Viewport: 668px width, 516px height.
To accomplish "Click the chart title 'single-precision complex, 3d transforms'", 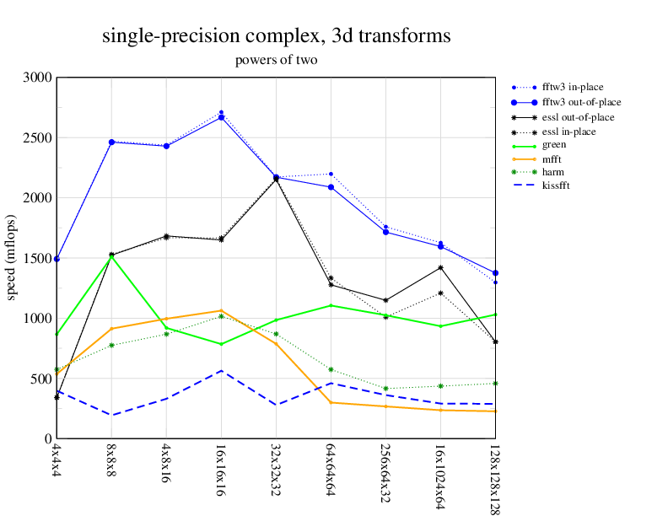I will (x=276, y=36).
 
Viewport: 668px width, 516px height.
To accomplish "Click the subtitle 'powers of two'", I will (x=276, y=61).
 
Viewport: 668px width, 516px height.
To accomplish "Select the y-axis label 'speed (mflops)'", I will (x=13, y=258).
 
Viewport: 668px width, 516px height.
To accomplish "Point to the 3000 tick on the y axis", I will (x=38, y=78).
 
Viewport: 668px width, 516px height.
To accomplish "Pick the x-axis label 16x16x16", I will (x=221, y=465).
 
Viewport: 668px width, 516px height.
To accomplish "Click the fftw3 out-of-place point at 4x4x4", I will (x=57, y=259).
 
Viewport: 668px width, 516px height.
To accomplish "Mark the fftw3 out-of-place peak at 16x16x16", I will (x=221, y=117).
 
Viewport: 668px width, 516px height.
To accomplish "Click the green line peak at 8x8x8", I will (x=111, y=255).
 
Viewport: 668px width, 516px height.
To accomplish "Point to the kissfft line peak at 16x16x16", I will (x=221, y=371).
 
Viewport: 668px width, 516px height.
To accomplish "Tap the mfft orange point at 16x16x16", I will (x=221, y=310).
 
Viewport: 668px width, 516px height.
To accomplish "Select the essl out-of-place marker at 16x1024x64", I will (x=440, y=267).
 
